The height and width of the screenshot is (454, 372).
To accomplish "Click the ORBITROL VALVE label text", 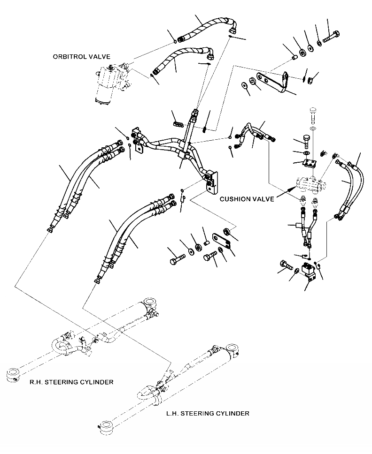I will pyautogui.click(x=81, y=57).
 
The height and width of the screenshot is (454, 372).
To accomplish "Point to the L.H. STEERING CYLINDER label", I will pyautogui.click(x=208, y=413).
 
